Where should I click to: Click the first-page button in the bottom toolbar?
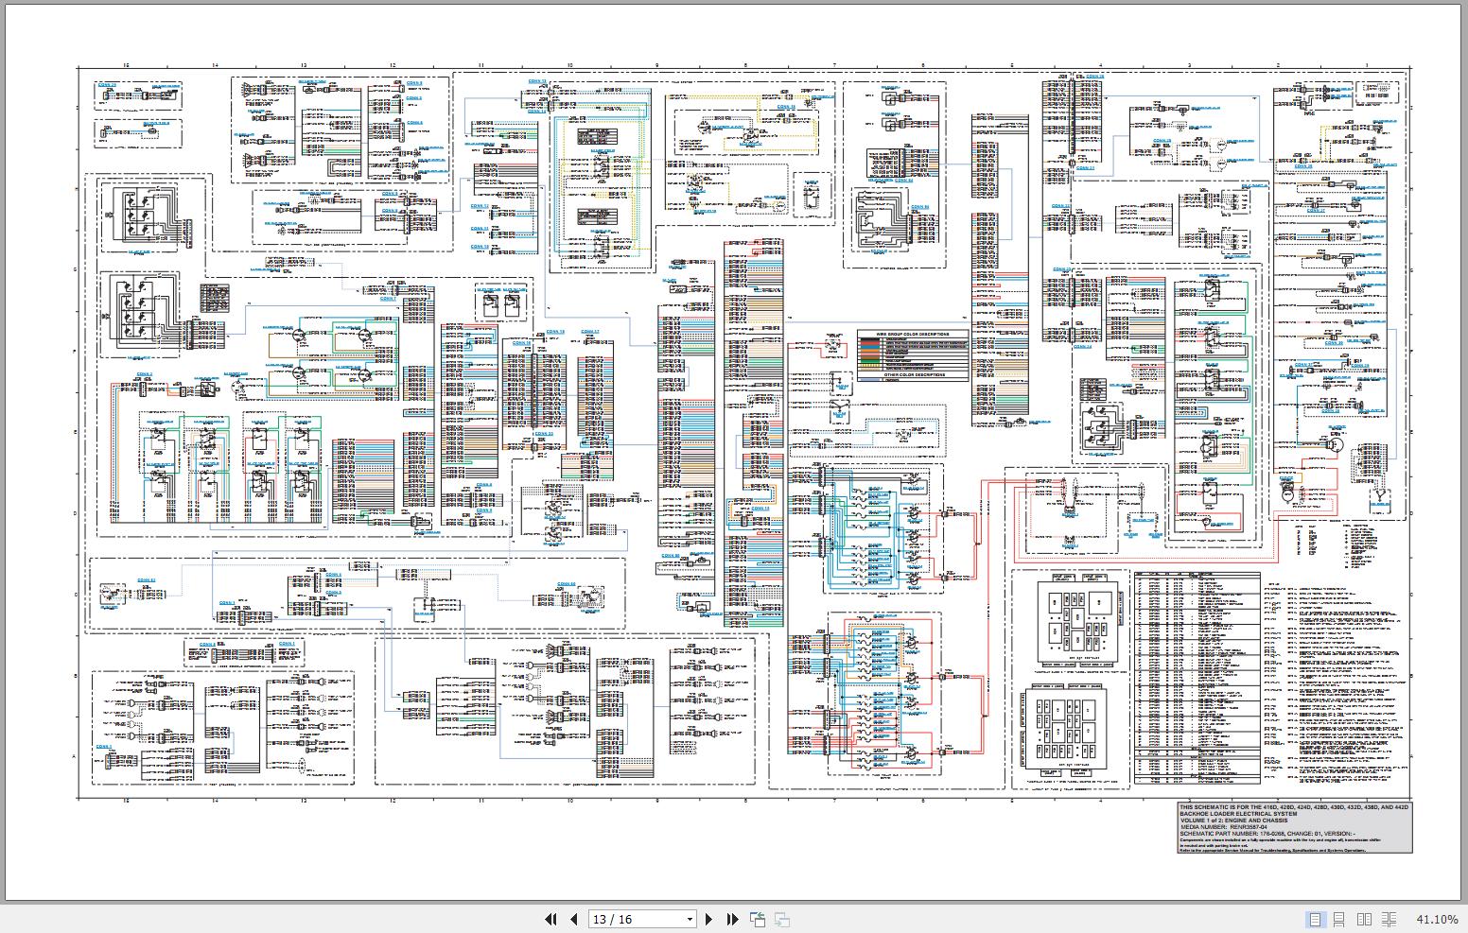[550, 919]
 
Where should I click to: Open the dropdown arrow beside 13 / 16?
[690, 919]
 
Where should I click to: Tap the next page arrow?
[709, 919]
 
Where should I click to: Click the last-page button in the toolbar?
[732, 919]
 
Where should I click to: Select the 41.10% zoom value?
[1437, 919]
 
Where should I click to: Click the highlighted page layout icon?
[1315, 919]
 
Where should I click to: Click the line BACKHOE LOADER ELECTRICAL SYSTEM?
[1238, 813]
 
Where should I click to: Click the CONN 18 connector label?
[556, 332]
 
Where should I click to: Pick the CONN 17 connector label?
[590, 332]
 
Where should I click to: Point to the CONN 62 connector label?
[146, 580]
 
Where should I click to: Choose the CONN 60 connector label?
[566, 584]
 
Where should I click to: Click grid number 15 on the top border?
[126, 64]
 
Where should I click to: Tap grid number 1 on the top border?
[1366, 64]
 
